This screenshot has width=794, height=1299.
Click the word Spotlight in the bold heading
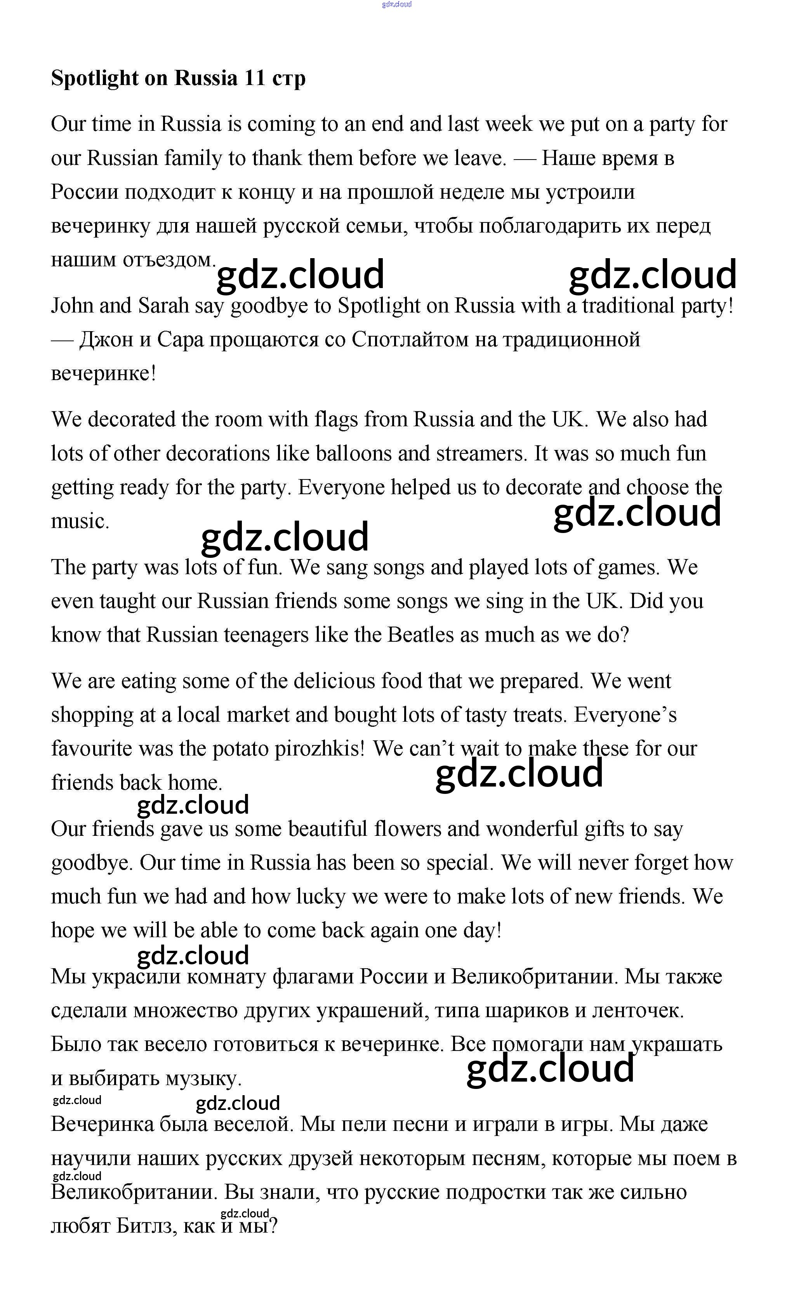tap(94, 78)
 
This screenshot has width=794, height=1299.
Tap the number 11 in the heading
tap(255, 78)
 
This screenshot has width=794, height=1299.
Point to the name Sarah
tap(163, 306)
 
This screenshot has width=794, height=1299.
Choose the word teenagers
tap(266, 635)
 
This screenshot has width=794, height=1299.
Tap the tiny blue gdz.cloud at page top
tap(396, 4)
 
